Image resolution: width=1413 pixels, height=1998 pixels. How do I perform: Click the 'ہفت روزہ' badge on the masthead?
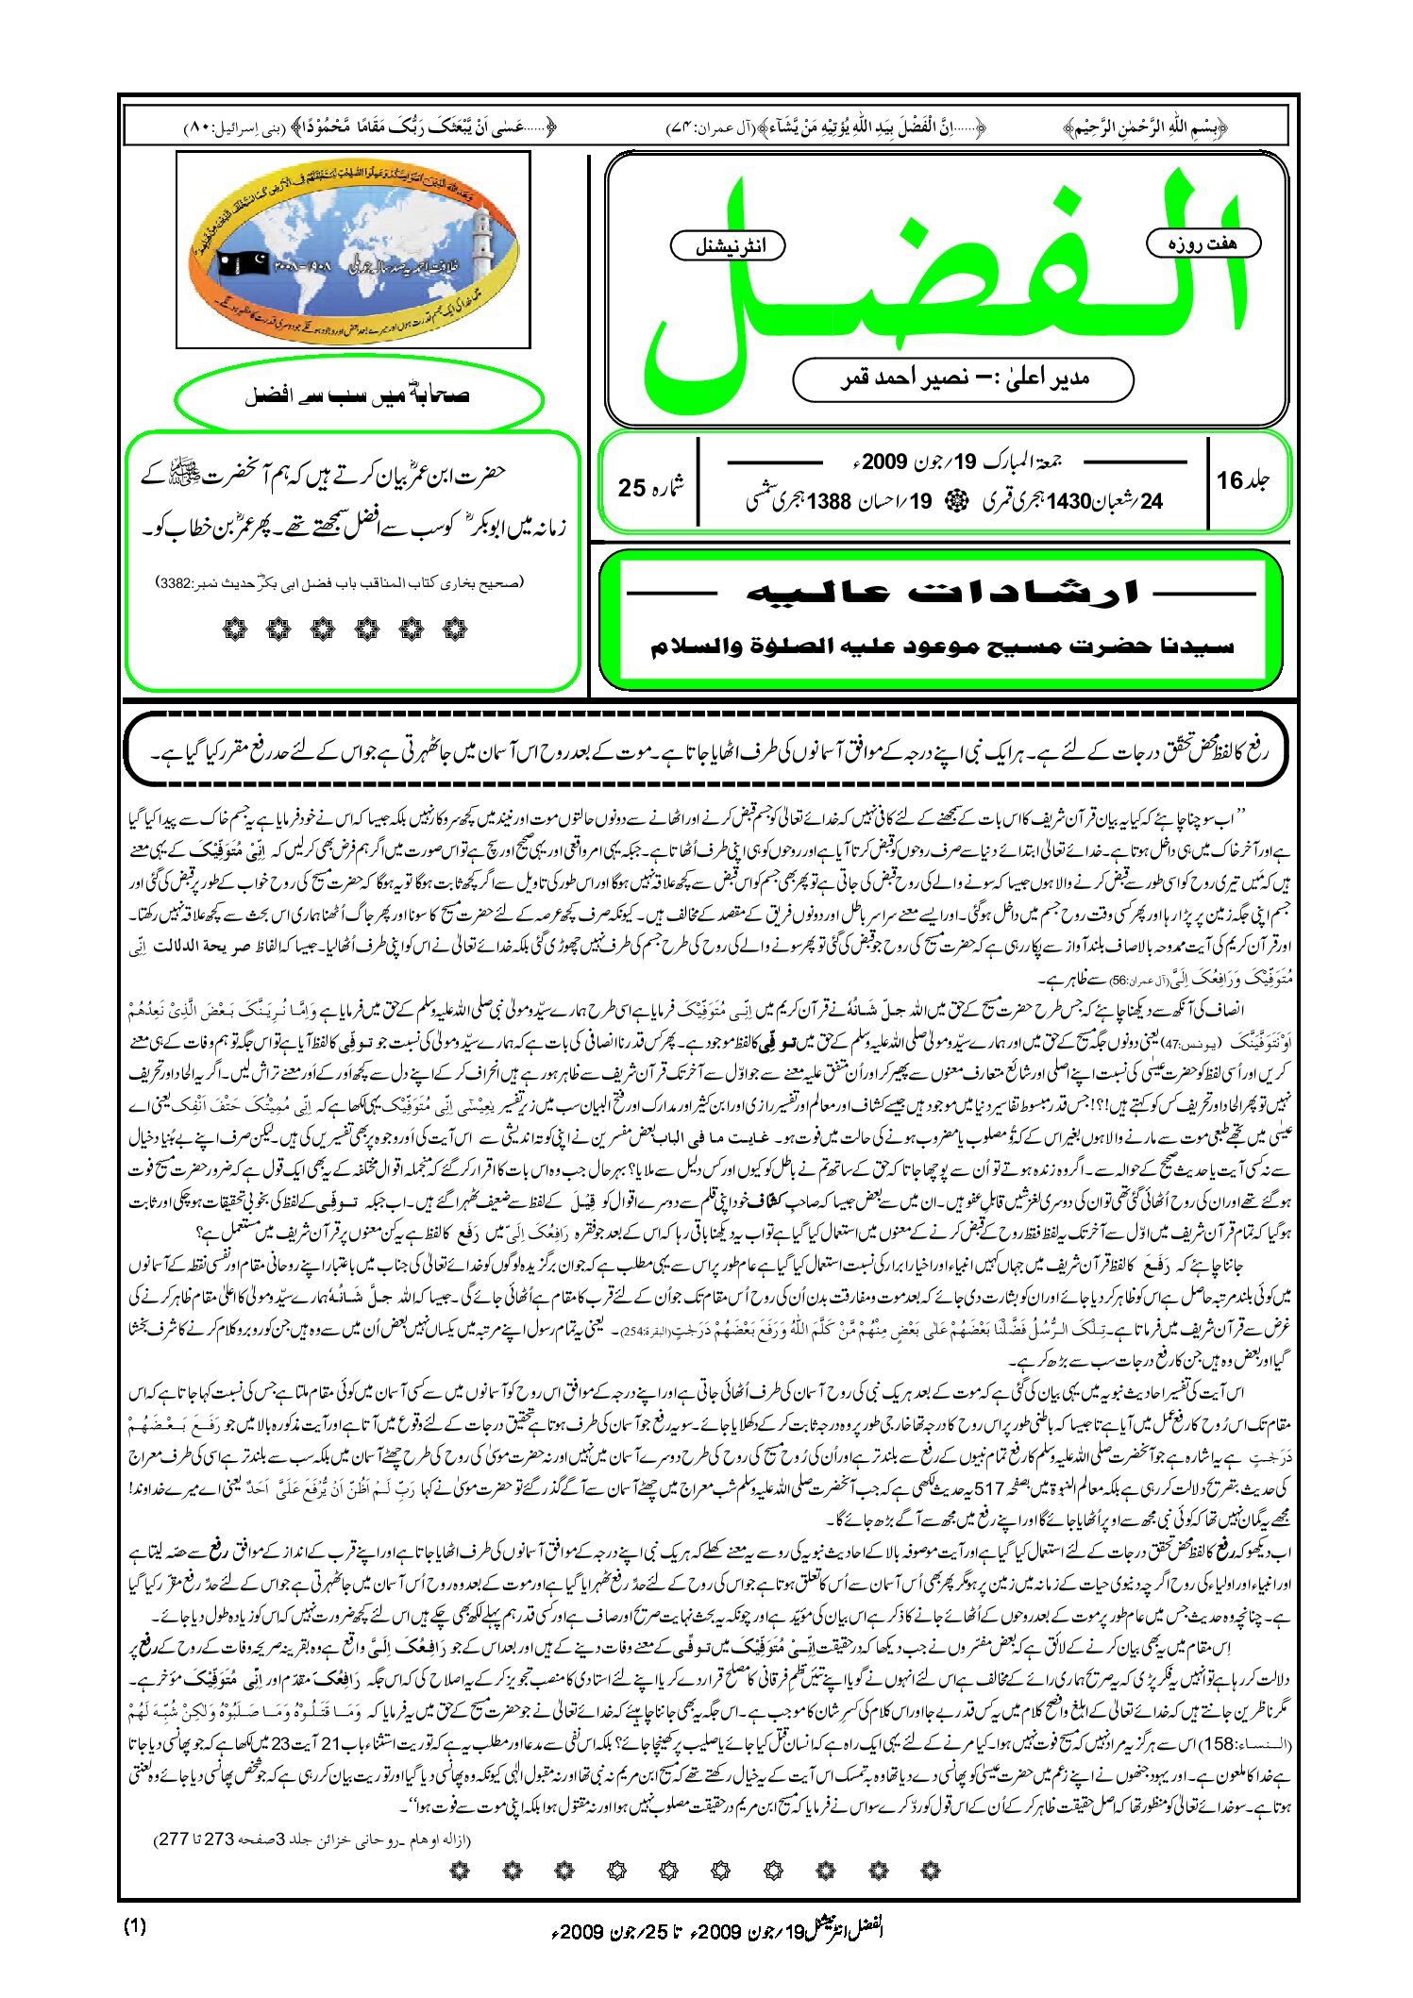point(1203,243)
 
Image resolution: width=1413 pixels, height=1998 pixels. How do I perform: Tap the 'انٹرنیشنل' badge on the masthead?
point(728,246)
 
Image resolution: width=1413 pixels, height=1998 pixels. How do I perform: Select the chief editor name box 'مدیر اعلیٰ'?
point(963,379)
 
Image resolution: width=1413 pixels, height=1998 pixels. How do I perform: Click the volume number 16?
point(1230,480)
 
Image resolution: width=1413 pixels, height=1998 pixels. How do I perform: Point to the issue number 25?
point(631,488)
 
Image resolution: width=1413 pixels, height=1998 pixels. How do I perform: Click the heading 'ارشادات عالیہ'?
point(942,593)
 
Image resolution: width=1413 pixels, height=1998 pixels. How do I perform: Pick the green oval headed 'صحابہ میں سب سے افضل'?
point(359,396)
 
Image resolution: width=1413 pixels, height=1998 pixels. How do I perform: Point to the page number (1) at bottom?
point(135,1926)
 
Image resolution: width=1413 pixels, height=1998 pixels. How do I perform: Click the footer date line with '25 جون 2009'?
point(717,1929)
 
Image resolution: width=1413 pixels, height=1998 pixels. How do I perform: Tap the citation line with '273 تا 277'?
point(311,1838)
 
